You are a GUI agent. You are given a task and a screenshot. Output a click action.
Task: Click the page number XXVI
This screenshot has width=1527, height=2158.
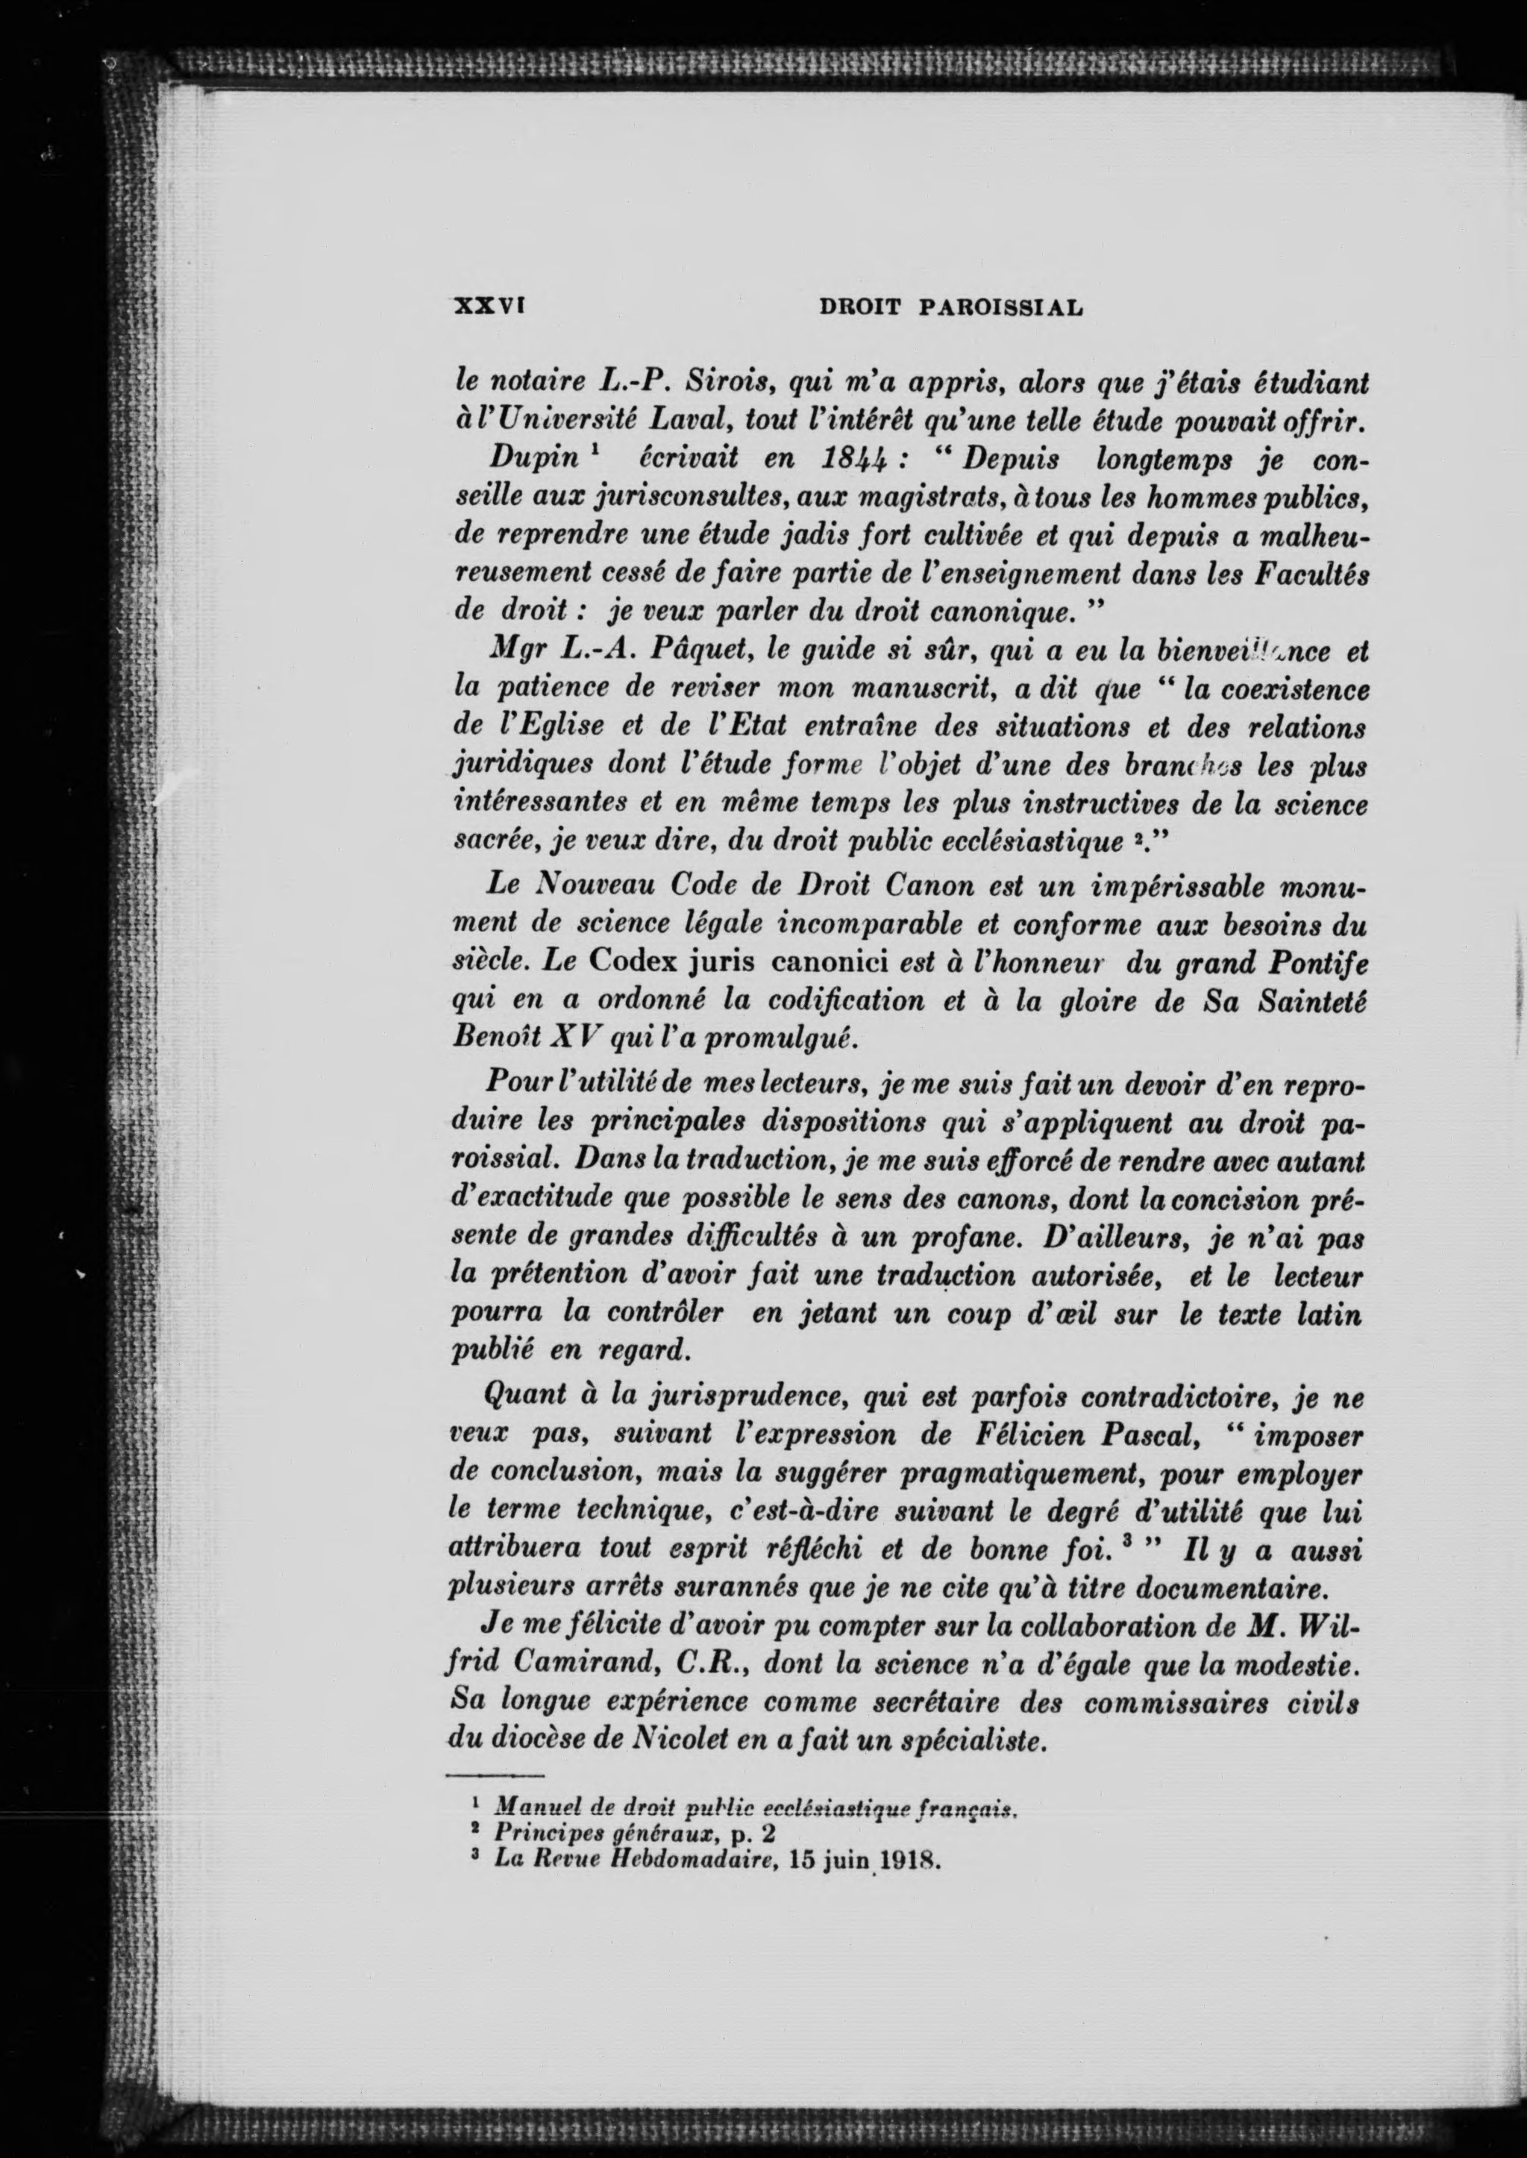[x=488, y=307]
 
